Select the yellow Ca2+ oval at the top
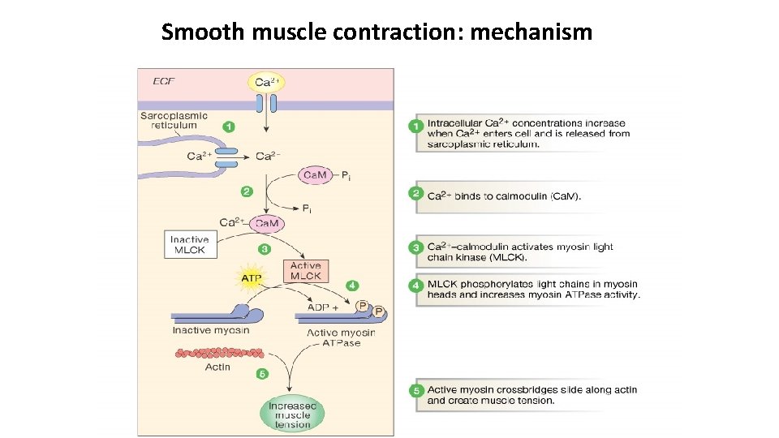pos(266,82)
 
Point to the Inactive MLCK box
pos(190,244)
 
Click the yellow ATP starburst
pos(252,277)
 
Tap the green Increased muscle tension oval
pos(292,414)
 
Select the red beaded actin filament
pos(215,353)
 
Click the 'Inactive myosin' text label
pos(210,330)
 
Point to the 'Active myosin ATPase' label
pos(341,337)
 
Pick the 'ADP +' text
pos(322,307)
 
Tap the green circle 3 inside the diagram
pos(263,249)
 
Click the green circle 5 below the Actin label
pos(261,374)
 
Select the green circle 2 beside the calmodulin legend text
pos(416,194)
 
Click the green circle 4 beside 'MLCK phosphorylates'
pos(416,286)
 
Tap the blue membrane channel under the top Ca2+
pos(266,104)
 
